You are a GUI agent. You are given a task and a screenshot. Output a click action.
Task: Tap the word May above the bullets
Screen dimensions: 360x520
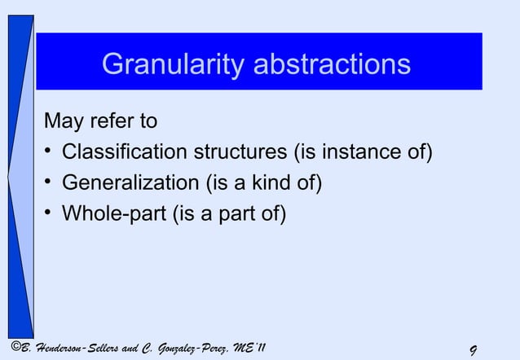[62, 123]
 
